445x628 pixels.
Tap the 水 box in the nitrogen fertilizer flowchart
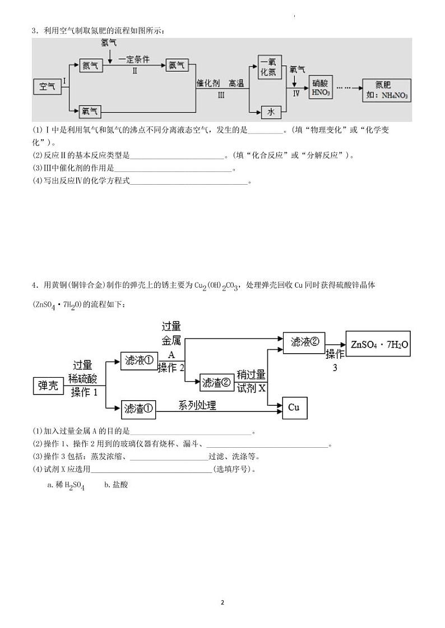pyautogui.click(x=271, y=112)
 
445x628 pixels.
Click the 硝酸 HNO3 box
pyautogui.click(x=321, y=88)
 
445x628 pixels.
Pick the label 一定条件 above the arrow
pyautogui.click(x=134, y=59)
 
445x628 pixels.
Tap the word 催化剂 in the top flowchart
pyautogui.click(x=207, y=83)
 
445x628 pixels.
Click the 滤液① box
pyautogui.click(x=139, y=361)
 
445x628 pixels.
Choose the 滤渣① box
pyautogui.click(x=139, y=409)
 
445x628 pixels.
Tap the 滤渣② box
pyautogui.click(x=216, y=382)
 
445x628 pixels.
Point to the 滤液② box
pyautogui.click(x=304, y=342)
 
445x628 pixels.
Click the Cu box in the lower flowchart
pyautogui.click(x=294, y=407)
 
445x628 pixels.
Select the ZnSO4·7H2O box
pyautogui.click(x=378, y=345)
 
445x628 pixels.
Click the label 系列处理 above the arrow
pyautogui.click(x=197, y=405)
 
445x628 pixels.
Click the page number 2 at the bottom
pyautogui.click(x=222, y=602)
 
